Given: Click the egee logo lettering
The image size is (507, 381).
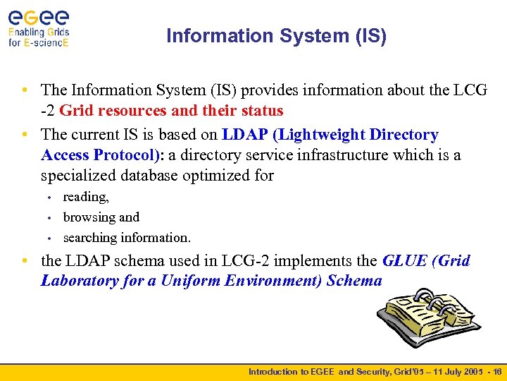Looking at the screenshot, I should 39,16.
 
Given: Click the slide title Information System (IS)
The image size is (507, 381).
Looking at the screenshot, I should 276,36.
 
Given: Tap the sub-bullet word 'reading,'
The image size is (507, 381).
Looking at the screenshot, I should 86,198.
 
